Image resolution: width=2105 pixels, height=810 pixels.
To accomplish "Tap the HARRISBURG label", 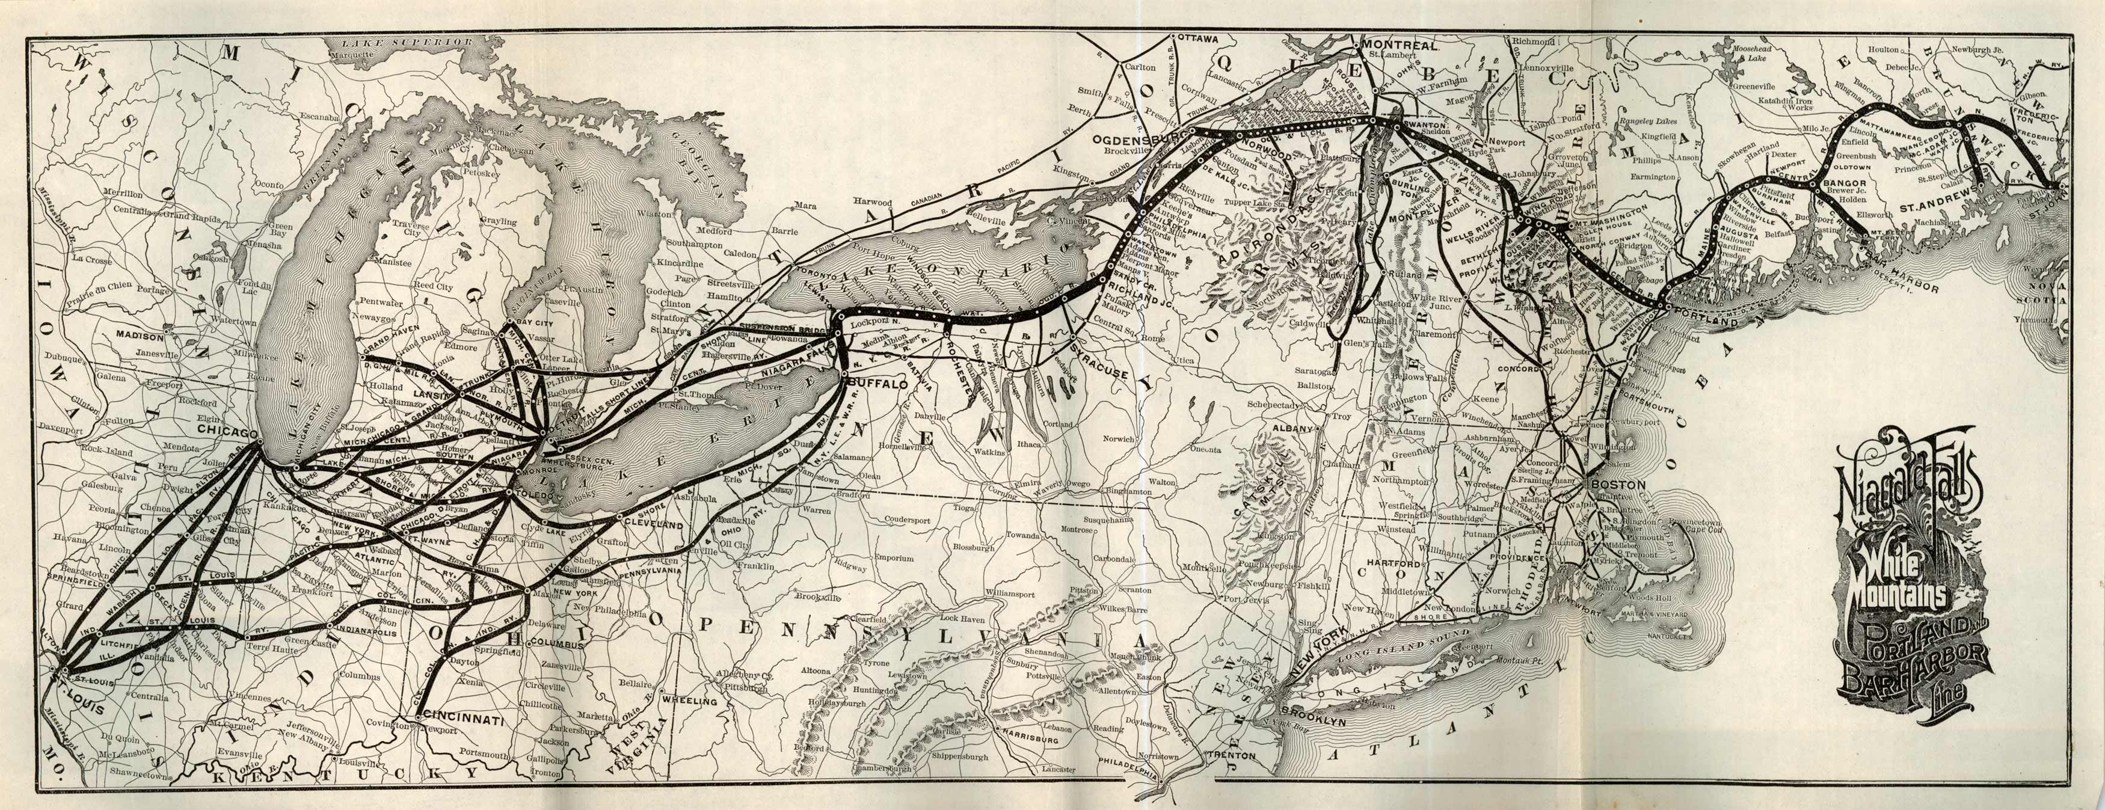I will click(1030, 740).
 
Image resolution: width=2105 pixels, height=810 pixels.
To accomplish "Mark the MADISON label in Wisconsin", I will click(141, 334).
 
